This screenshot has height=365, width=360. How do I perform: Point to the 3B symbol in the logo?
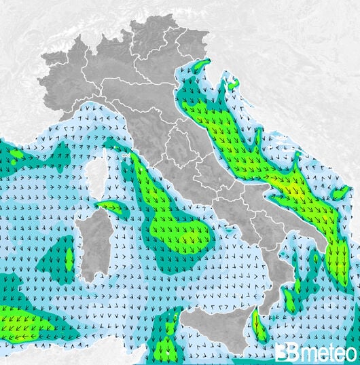[x=288, y=353]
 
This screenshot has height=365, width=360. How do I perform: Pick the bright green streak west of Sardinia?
[x=69, y=258]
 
